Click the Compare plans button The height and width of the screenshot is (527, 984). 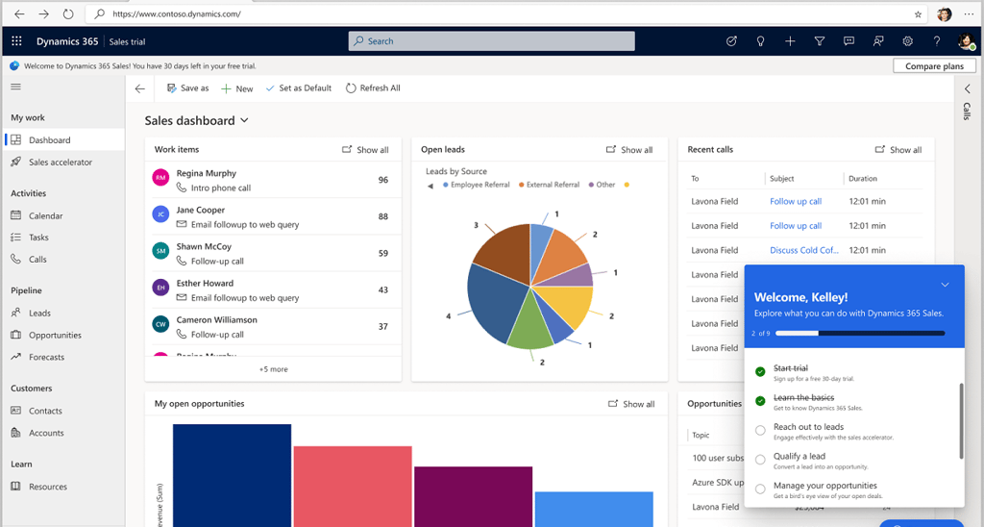point(934,66)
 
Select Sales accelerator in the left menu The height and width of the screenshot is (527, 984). point(61,163)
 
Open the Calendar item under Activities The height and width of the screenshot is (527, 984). point(45,216)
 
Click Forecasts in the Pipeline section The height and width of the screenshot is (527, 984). point(46,357)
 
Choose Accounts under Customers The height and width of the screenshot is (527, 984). point(46,433)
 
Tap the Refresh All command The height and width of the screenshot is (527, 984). point(373,88)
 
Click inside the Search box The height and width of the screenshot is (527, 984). point(491,41)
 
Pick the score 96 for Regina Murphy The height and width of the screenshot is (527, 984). point(383,180)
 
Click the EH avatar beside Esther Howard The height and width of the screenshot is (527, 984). point(160,288)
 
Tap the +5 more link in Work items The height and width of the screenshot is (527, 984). point(273,369)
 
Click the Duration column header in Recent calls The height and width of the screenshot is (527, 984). point(863,179)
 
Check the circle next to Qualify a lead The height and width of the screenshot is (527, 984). point(760,460)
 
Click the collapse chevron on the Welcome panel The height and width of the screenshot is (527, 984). point(945,285)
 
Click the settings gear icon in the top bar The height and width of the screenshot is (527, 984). point(907,41)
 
